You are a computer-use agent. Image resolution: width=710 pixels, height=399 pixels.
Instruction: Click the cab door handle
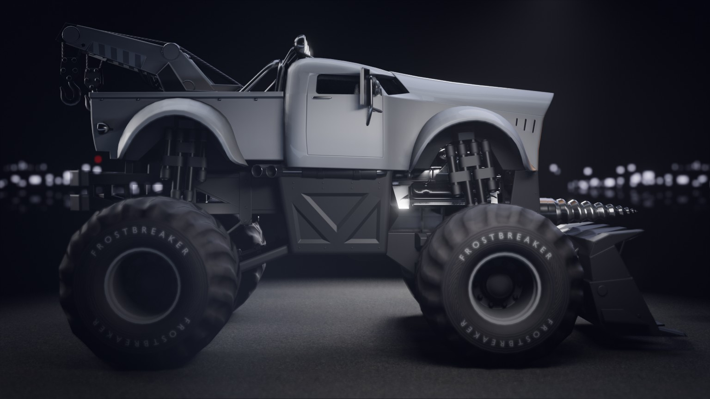322,97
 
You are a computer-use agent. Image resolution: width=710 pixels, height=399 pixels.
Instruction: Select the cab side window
337,84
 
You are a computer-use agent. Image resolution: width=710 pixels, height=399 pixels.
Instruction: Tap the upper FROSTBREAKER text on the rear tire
140,243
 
